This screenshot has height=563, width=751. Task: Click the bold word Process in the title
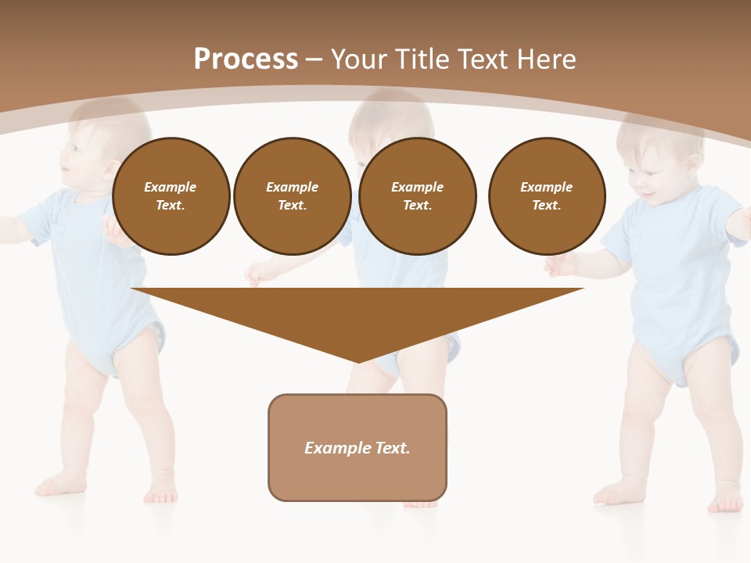(x=246, y=59)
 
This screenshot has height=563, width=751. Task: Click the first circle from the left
(x=171, y=196)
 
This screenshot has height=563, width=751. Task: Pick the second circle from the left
(x=292, y=196)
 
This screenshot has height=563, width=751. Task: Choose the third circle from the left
(x=417, y=196)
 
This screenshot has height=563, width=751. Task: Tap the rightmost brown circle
(x=546, y=196)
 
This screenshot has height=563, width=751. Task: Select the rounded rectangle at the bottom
(x=358, y=447)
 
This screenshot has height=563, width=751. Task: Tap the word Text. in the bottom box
(x=393, y=448)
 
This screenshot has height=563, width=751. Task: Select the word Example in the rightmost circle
(x=546, y=187)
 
